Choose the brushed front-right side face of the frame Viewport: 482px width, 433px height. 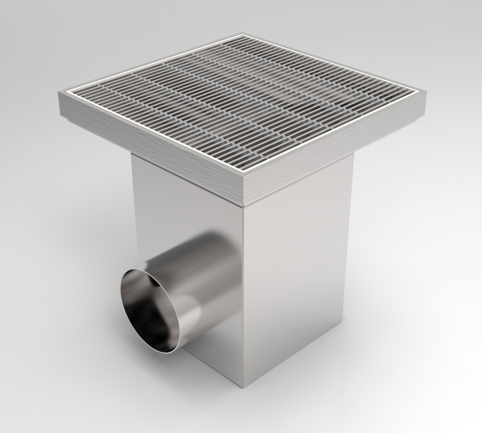(339, 147)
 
